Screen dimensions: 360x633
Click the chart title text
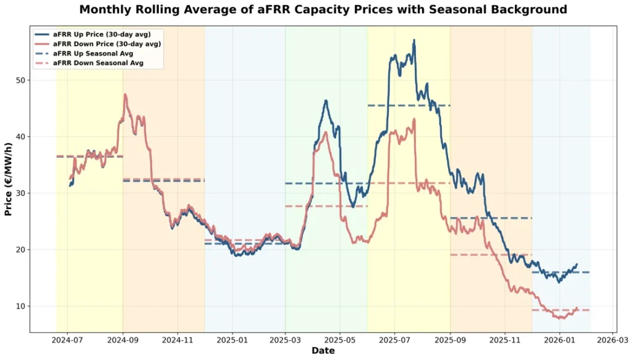point(323,10)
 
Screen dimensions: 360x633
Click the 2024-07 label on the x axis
point(67,340)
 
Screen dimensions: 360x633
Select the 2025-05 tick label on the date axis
point(339,340)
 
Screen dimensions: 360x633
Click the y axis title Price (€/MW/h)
point(9,179)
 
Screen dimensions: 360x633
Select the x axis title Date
point(323,351)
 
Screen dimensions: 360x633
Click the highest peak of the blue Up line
point(414,40)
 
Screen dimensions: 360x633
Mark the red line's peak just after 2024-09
point(125,95)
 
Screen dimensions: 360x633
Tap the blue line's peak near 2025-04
point(326,101)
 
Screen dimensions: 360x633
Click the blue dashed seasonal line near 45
point(408,106)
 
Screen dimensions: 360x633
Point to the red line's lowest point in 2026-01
point(563,318)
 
